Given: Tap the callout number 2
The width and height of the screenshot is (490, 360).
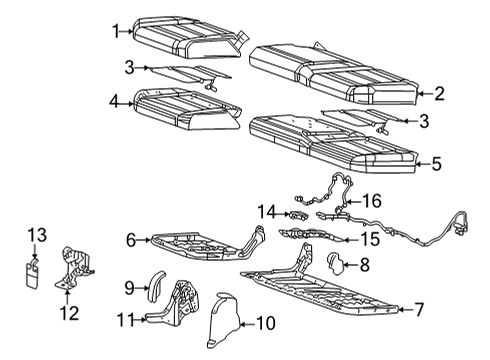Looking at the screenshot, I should pos(438,94).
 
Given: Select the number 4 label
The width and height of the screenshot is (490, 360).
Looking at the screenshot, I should pos(115,100).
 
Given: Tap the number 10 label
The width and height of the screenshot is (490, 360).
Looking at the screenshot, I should pos(264,322).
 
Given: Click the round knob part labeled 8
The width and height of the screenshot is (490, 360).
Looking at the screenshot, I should pos(335,263).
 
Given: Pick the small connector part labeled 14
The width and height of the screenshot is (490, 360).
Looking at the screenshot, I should pos(299,213).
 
